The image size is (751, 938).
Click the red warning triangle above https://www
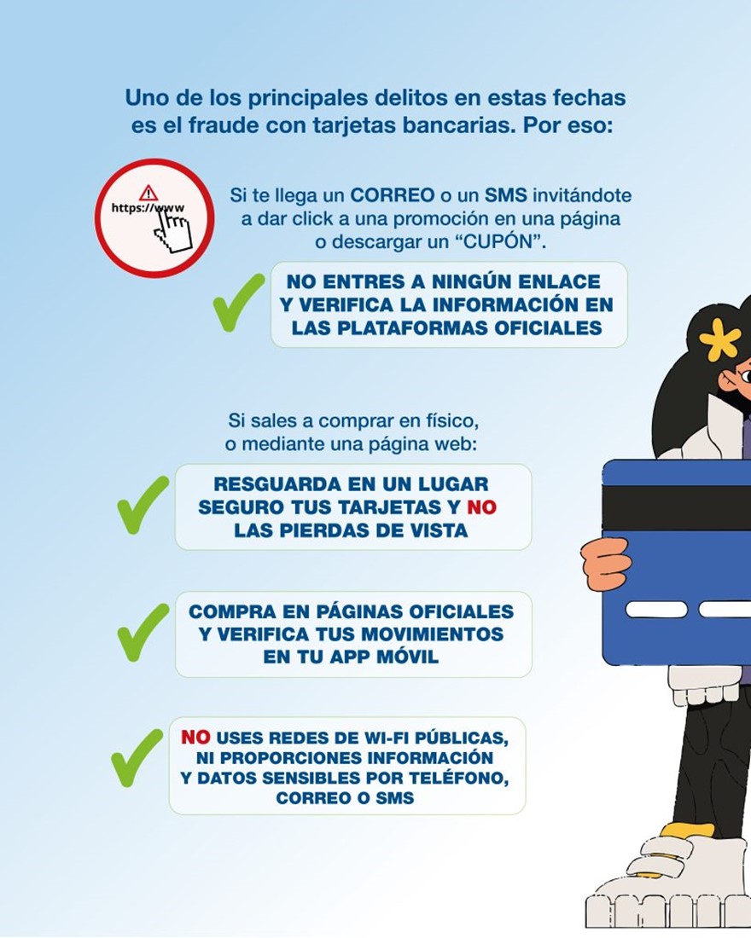(x=148, y=194)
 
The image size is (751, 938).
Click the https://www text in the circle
(x=148, y=208)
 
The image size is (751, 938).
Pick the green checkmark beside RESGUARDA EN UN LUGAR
(x=143, y=504)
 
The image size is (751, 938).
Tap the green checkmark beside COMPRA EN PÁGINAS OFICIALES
(x=143, y=632)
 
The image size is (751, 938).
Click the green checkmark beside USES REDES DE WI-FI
(x=137, y=757)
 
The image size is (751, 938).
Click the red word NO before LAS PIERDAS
(x=481, y=507)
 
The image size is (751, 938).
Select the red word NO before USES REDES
(x=195, y=737)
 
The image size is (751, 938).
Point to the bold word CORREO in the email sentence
(x=393, y=195)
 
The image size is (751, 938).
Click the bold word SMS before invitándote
(x=505, y=195)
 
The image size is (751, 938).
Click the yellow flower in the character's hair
(x=719, y=339)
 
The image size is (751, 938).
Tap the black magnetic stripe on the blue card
(x=676, y=508)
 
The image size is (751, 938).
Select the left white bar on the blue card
(x=656, y=609)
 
